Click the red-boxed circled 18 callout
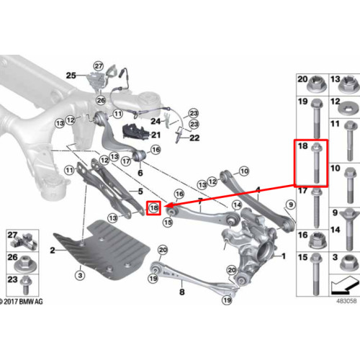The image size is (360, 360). point(153,208)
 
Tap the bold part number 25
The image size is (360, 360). point(71,76)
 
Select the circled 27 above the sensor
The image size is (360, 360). point(99,66)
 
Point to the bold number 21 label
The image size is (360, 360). point(156,135)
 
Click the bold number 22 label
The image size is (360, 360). point(194,138)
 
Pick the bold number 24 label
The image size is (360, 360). point(156,121)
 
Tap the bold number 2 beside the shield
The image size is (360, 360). point(53,251)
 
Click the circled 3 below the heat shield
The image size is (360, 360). point(80,275)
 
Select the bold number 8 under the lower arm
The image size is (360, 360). point(182,292)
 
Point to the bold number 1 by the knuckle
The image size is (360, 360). point(284,256)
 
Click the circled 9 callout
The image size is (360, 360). point(291,204)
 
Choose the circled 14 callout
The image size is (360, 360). point(237,205)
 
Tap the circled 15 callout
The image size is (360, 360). point(168,222)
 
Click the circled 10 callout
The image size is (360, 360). point(244,171)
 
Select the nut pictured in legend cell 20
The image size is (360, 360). point(316,84)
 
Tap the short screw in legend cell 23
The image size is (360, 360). point(25,285)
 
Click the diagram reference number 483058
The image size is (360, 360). point(346,301)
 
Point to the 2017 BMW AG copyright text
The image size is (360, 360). point(21,302)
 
